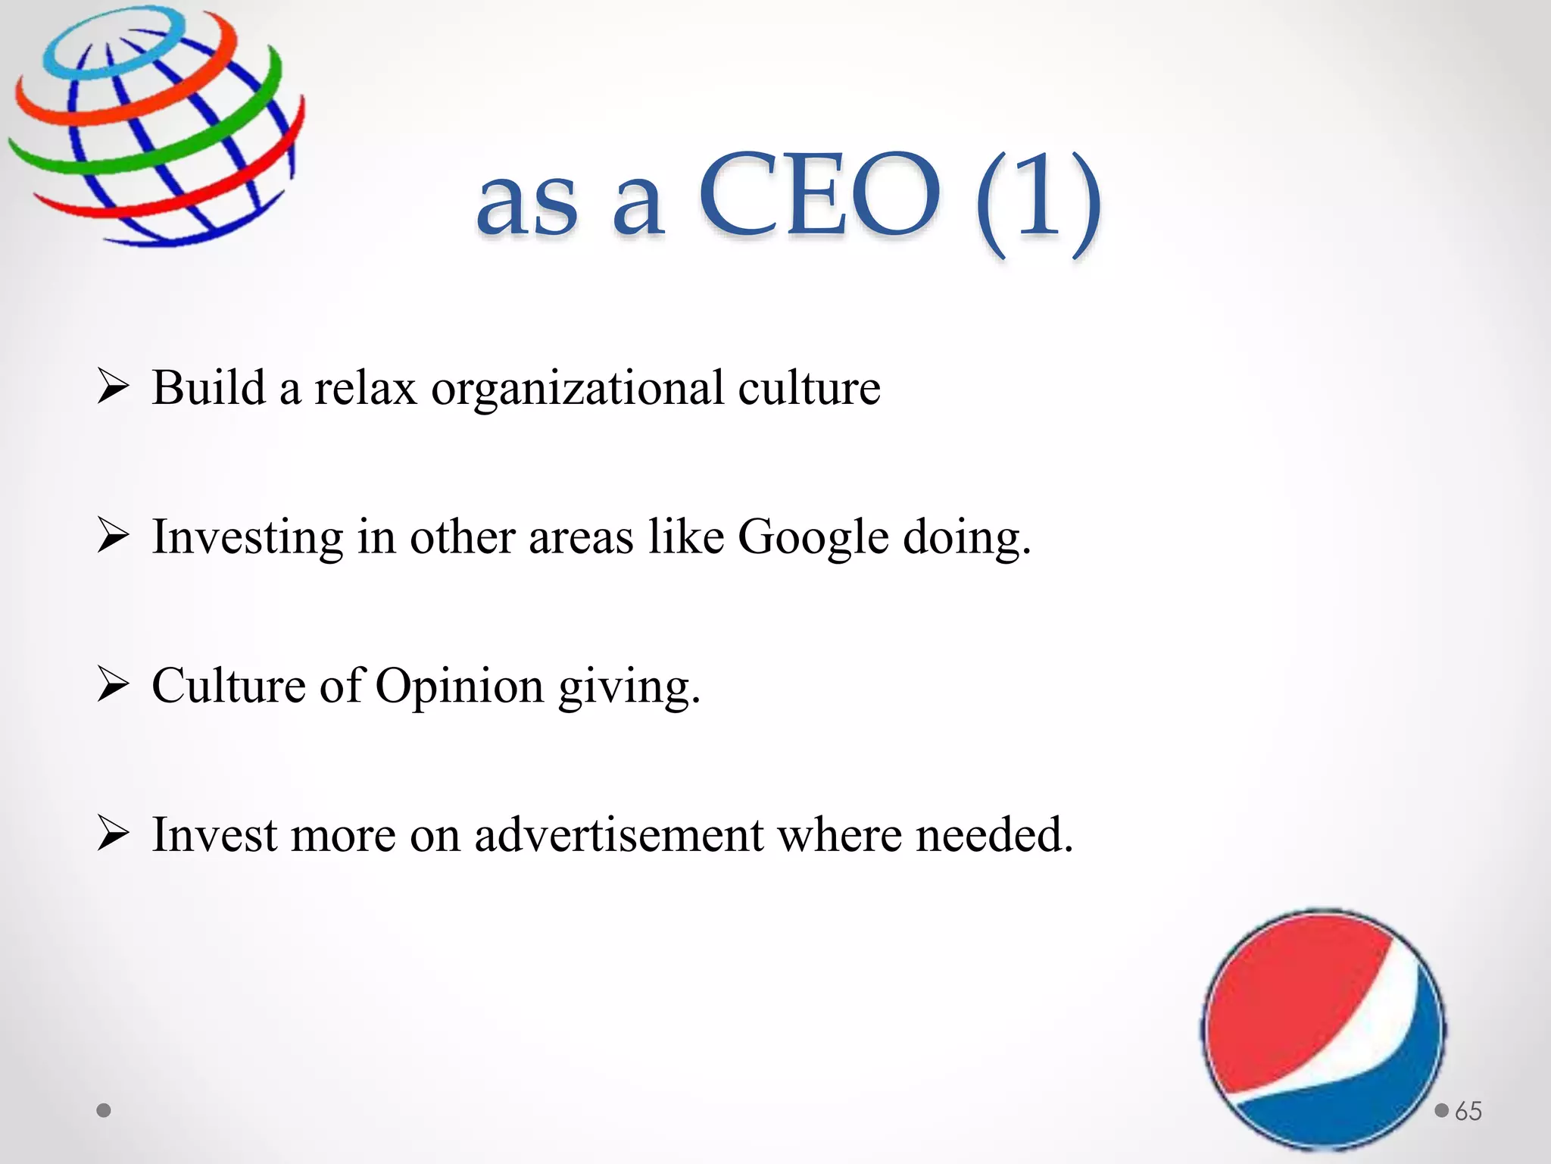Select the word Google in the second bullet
point(813,538)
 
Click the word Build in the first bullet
point(208,388)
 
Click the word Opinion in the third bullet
point(460,687)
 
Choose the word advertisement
point(619,835)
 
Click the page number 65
point(1468,1111)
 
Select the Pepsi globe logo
point(1323,1031)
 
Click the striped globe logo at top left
point(155,125)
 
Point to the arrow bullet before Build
point(113,388)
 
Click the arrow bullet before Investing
point(113,537)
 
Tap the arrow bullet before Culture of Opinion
point(113,686)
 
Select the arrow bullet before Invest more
point(113,835)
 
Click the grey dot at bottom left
point(104,1110)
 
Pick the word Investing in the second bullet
point(248,538)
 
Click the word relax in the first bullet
point(365,388)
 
